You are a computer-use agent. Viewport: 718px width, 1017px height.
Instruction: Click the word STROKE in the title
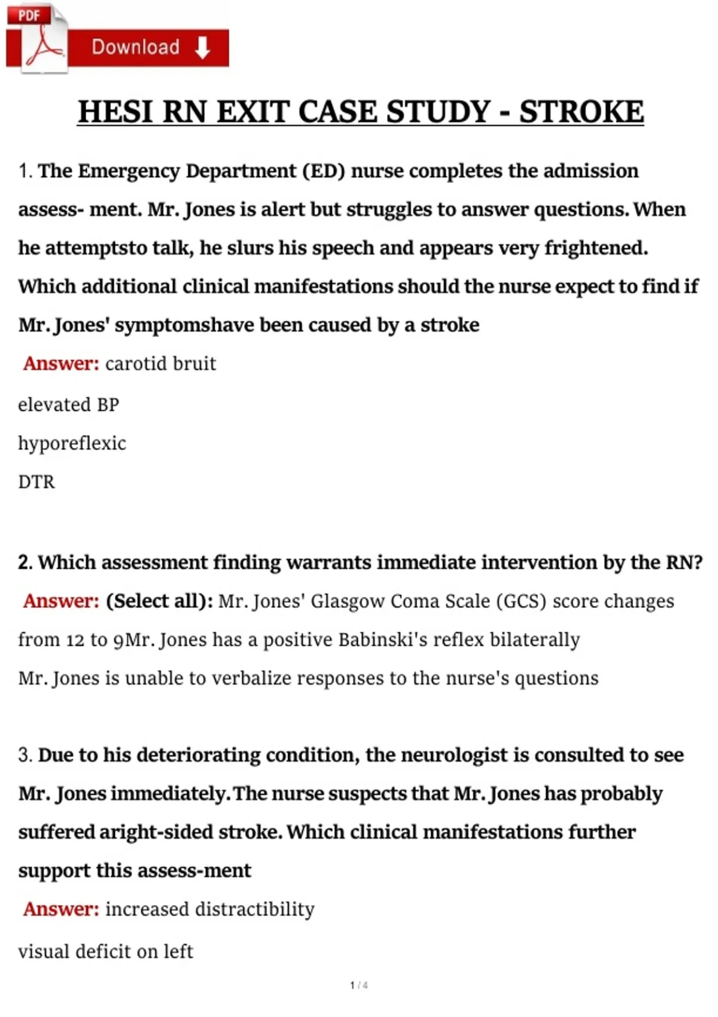coord(581,112)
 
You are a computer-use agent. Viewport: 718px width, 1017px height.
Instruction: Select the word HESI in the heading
coord(115,112)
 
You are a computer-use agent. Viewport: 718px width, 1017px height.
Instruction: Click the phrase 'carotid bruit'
coord(160,364)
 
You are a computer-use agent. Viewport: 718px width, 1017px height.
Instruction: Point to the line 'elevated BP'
coord(68,405)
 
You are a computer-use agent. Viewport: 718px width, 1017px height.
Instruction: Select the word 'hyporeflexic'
coord(72,443)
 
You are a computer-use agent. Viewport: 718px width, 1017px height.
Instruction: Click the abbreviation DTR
coord(36,482)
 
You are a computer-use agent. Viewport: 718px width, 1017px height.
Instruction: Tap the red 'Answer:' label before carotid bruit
coord(61,364)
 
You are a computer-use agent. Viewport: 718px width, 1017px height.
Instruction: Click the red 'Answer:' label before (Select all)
coord(61,601)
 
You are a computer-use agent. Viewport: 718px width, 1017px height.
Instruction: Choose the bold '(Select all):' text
coord(159,601)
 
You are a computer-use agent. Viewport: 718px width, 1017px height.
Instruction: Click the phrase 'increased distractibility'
coord(209,909)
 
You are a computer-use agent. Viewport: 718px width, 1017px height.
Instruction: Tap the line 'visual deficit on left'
coord(105,951)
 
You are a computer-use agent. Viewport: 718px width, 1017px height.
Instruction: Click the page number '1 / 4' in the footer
coord(359,985)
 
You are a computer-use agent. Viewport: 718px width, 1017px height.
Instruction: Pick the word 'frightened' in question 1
coord(595,248)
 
